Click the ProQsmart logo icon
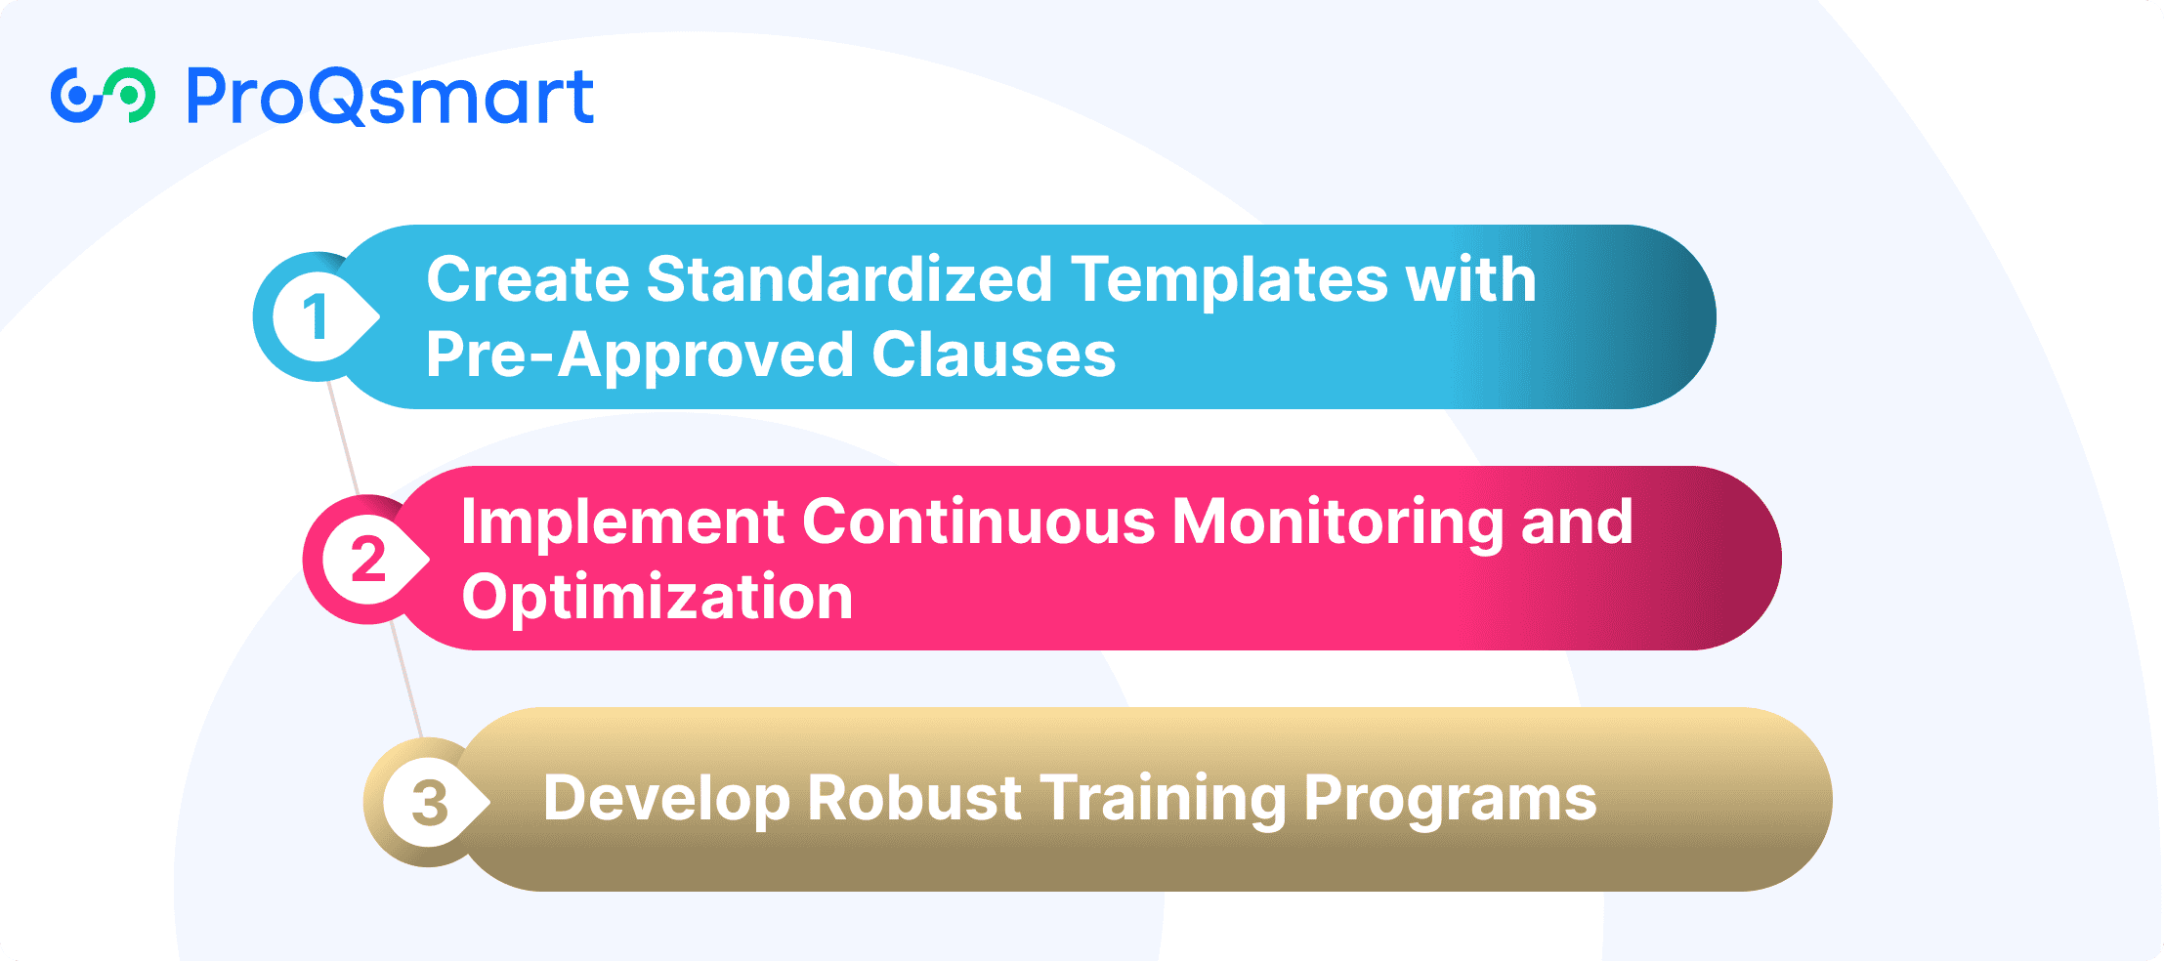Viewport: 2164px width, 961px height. click(103, 96)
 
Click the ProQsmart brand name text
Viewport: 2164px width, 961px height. click(390, 97)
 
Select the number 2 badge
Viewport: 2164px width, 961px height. click(367, 560)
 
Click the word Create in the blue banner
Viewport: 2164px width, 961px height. click(529, 279)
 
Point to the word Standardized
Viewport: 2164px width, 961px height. click(849, 279)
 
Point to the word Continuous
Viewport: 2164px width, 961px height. click(979, 522)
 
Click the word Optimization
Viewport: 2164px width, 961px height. click(658, 597)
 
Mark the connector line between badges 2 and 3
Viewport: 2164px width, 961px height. click(406, 681)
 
